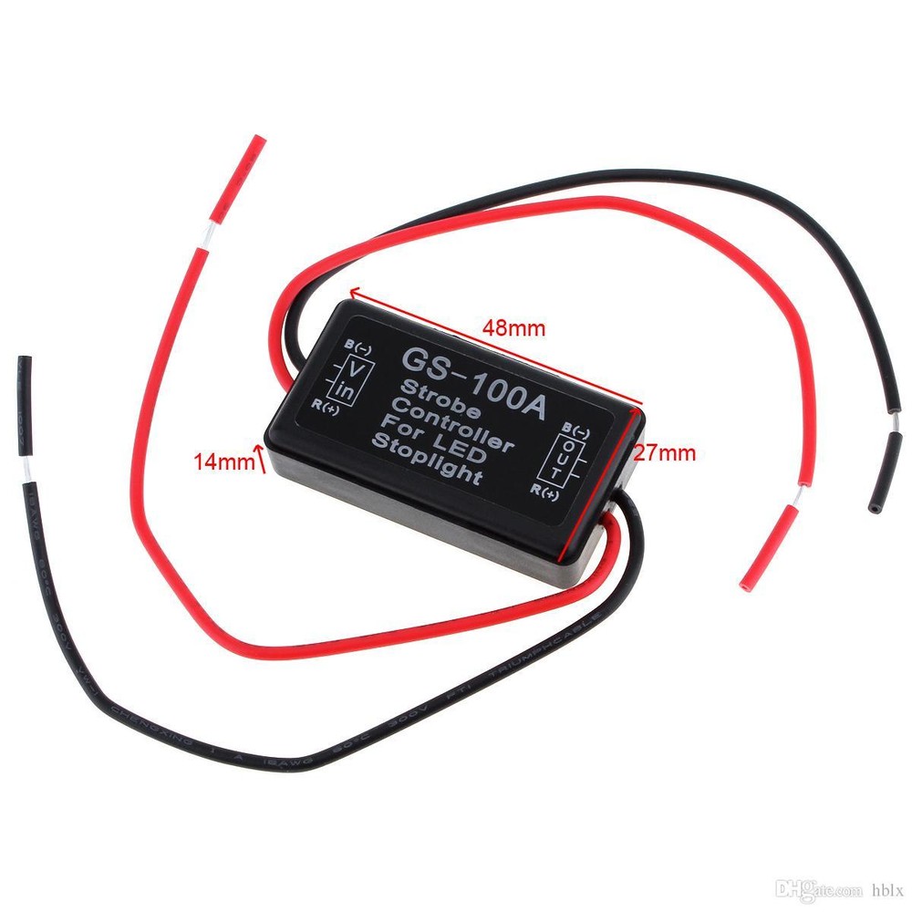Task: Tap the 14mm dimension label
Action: point(223,462)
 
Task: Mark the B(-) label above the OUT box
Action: point(577,428)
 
